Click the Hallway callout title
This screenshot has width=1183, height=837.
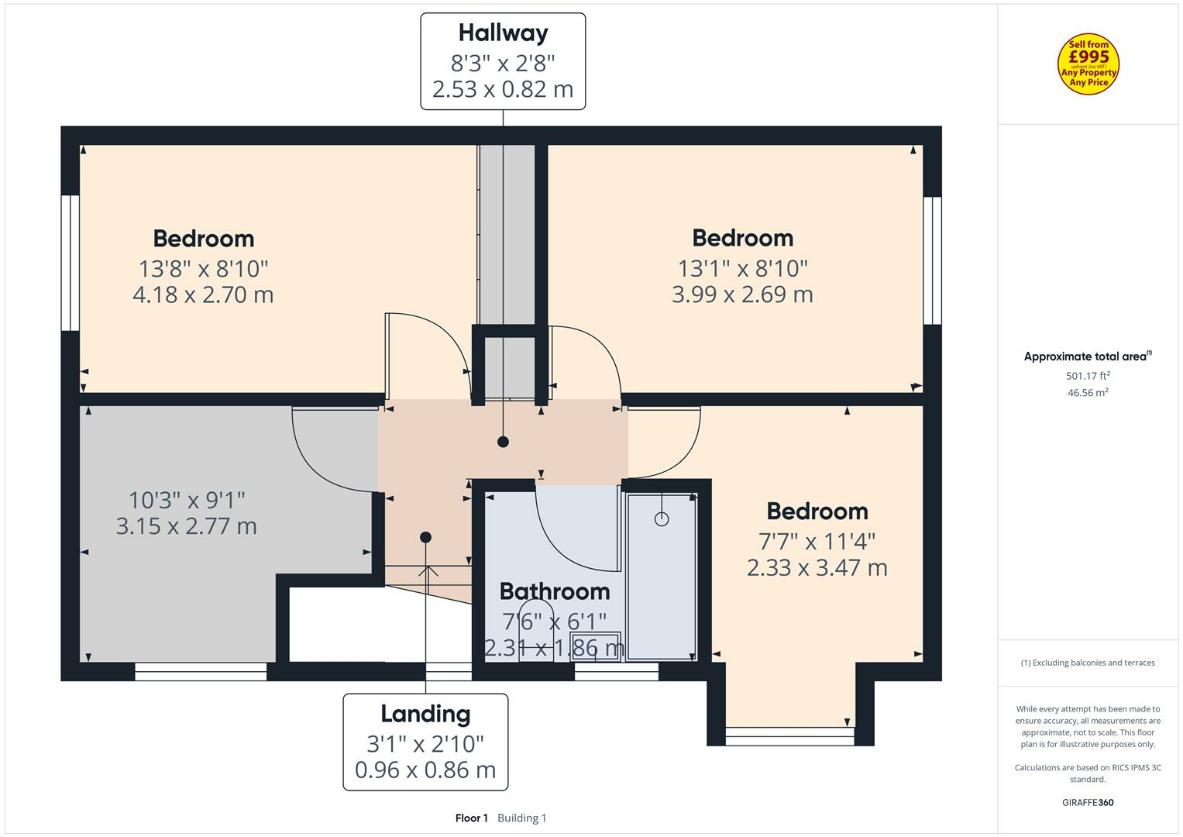click(503, 33)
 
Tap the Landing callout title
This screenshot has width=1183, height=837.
click(425, 715)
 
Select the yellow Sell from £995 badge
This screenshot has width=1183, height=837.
click(1088, 64)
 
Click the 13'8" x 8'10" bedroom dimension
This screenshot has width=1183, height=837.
click(203, 269)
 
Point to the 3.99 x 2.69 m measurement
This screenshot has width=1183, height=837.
click(742, 294)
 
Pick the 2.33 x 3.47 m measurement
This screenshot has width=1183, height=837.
click(817, 567)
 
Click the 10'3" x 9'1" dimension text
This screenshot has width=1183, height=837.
click(187, 500)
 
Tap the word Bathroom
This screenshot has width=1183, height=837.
click(555, 591)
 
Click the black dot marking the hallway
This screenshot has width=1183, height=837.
click(503, 442)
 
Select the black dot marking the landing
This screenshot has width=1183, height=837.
click(425, 537)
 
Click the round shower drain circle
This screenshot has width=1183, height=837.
click(662, 519)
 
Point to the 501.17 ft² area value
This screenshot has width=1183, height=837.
click(1088, 376)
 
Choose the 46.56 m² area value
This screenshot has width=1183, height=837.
click(1088, 393)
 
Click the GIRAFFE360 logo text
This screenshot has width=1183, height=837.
click(1088, 803)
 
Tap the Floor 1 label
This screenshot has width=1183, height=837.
click(471, 818)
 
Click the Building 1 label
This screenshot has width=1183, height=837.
click(522, 818)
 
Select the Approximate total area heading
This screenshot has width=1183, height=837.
click(1088, 356)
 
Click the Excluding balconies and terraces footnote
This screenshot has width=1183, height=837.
click(1088, 663)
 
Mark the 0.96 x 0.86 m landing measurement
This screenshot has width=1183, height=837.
click(425, 770)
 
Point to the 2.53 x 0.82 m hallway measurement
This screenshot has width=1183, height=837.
click(503, 89)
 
